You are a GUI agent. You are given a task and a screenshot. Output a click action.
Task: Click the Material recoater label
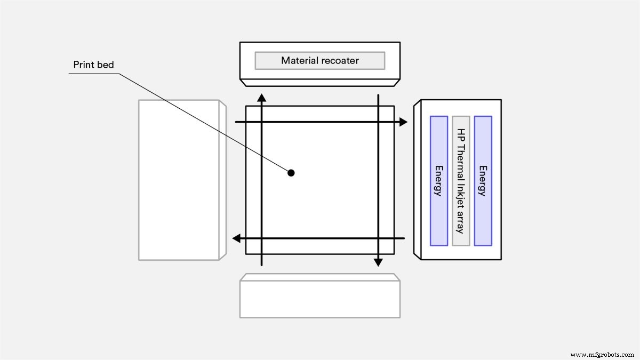tap(320, 60)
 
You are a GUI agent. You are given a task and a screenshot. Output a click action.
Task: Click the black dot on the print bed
tap(291, 172)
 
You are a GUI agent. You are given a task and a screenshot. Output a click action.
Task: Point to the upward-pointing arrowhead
tap(261, 97)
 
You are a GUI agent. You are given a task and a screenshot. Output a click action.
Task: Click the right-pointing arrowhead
tap(403, 122)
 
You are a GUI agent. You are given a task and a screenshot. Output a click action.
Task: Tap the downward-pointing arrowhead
tap(378, 262)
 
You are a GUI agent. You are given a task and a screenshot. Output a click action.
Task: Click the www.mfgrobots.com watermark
tap(602, 354)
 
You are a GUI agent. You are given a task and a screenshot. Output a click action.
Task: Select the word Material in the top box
tap(299, 60)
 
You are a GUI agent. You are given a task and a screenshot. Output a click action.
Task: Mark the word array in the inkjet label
tap(460, 223)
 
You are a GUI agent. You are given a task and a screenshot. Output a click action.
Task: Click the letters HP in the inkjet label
tap(460, 135)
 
